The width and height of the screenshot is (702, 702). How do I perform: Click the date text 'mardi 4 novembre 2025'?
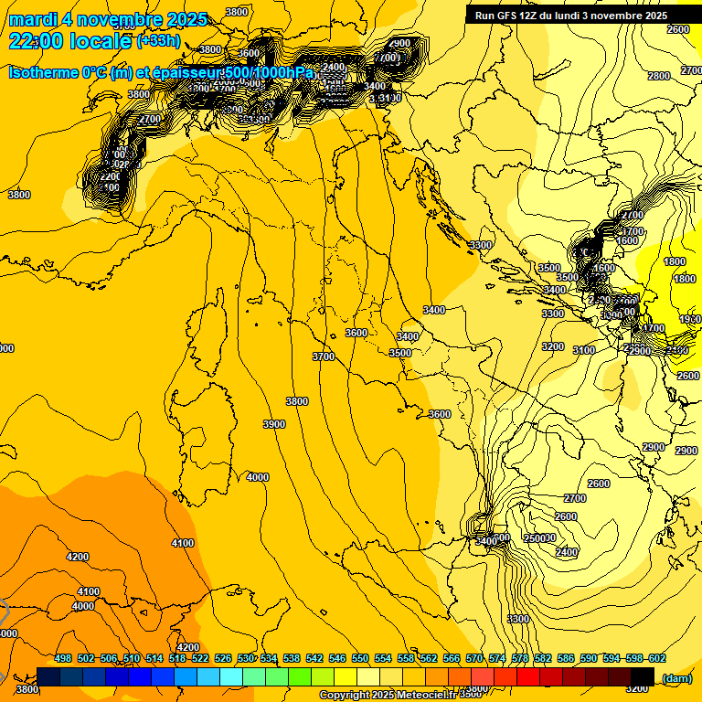tap(108, 19)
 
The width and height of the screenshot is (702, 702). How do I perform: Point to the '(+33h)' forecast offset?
tap(157, 41)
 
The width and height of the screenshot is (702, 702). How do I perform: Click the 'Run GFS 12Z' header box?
tap(570, 16)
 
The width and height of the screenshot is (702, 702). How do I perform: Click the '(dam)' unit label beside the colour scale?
tap(677, 678)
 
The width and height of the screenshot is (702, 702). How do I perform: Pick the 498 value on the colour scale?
tap(63, 659)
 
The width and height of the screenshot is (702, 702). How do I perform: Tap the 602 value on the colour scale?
tap(657, 659)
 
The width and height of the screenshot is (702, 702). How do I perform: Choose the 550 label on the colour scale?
tap(360, 659)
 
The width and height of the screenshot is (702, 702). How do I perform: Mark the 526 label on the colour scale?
tap(223, 659)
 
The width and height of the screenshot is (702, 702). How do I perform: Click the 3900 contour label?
tap(274, 424)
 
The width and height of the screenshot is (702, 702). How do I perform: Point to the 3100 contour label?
tap(583, 350)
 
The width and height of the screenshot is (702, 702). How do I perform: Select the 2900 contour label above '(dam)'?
tap(653, 447)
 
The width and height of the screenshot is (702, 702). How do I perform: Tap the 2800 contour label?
tap(658, 76)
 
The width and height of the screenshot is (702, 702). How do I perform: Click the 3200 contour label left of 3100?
tap(552, 346)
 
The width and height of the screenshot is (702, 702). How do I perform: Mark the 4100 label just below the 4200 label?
tap(89, 591)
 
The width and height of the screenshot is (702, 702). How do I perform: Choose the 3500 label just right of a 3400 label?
tap(400, 353)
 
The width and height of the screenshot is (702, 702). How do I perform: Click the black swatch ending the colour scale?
tap(643, 676)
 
